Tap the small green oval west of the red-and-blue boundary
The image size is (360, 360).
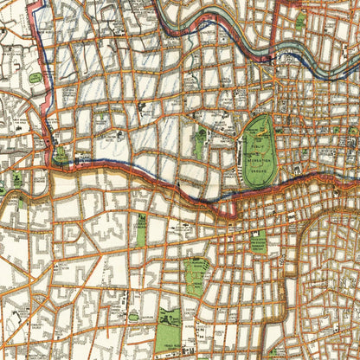(35, 78)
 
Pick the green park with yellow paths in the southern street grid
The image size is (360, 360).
(196, 275)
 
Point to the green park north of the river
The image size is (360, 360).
(300, 21)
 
